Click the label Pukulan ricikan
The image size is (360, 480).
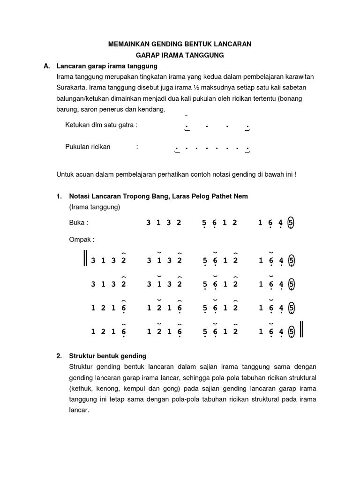click(88, 147)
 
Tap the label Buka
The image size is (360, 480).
click(78, 223)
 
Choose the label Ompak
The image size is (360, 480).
click(82, 240)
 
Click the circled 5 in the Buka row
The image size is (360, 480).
click(292, 223)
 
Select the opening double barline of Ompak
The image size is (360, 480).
click(86, 259)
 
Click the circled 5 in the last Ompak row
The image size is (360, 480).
click(292, 331)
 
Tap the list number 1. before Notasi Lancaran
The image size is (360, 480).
click(59, 196)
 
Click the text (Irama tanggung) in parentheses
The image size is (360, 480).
click(95, 207)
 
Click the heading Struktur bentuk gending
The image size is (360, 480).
click(108, 356)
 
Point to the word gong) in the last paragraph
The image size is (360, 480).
click(172, 389)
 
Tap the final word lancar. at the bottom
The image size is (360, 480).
click(79, 410)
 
